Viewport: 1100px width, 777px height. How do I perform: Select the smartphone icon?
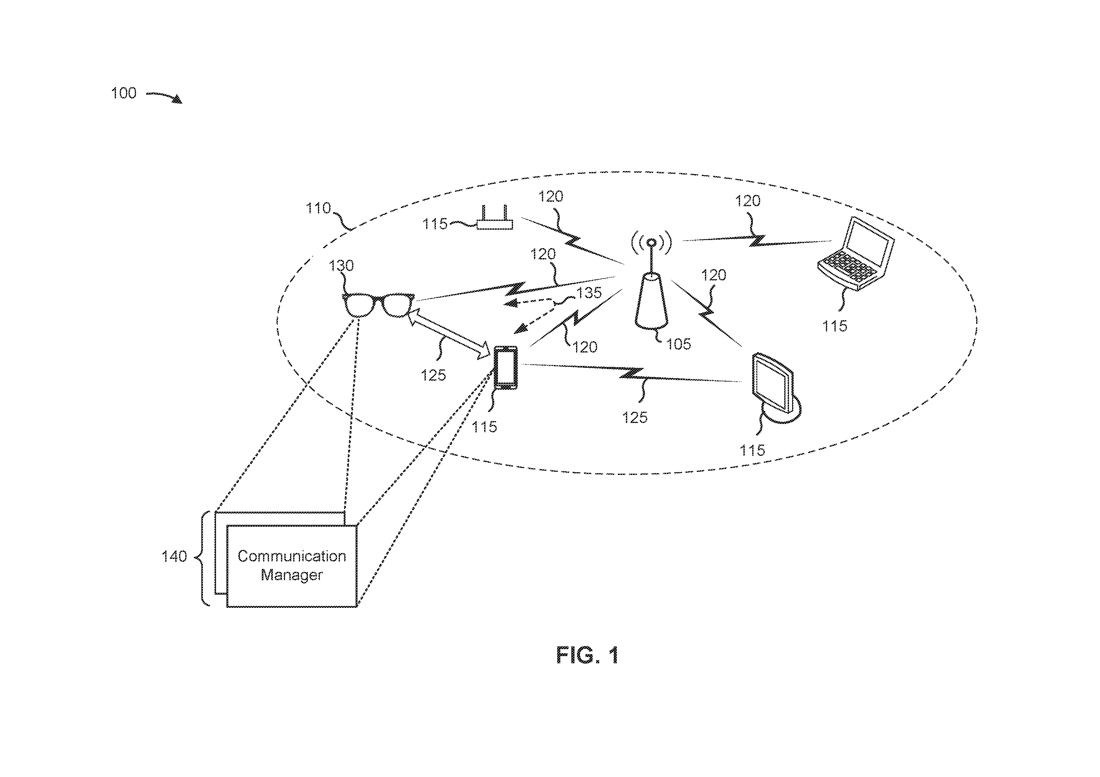(x=506, y=367)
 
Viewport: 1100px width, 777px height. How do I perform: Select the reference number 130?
(x=341, y=265)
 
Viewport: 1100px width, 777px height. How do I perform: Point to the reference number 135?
(x=589, y=293)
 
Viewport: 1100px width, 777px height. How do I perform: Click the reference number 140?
(x=174, y=556)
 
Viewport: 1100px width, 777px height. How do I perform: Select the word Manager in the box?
(x=292, y=575)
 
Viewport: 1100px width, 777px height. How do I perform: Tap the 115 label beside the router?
(x=435, y=224)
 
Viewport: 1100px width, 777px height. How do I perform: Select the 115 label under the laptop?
(x=835, y=326)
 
